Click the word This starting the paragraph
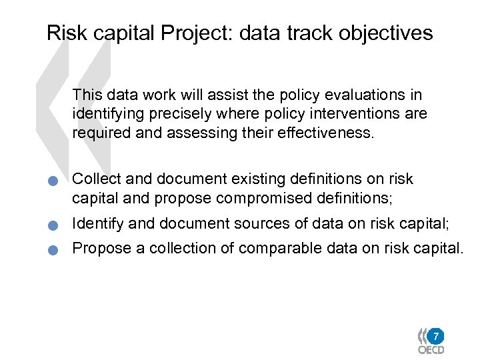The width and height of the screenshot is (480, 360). coord(87,95)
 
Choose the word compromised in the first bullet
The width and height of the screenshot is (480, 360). coord(256,197)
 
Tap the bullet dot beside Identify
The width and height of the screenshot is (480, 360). coord(59,225)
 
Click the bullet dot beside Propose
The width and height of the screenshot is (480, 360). coord(59,251)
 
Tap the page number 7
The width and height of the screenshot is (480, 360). coord(435,335)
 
